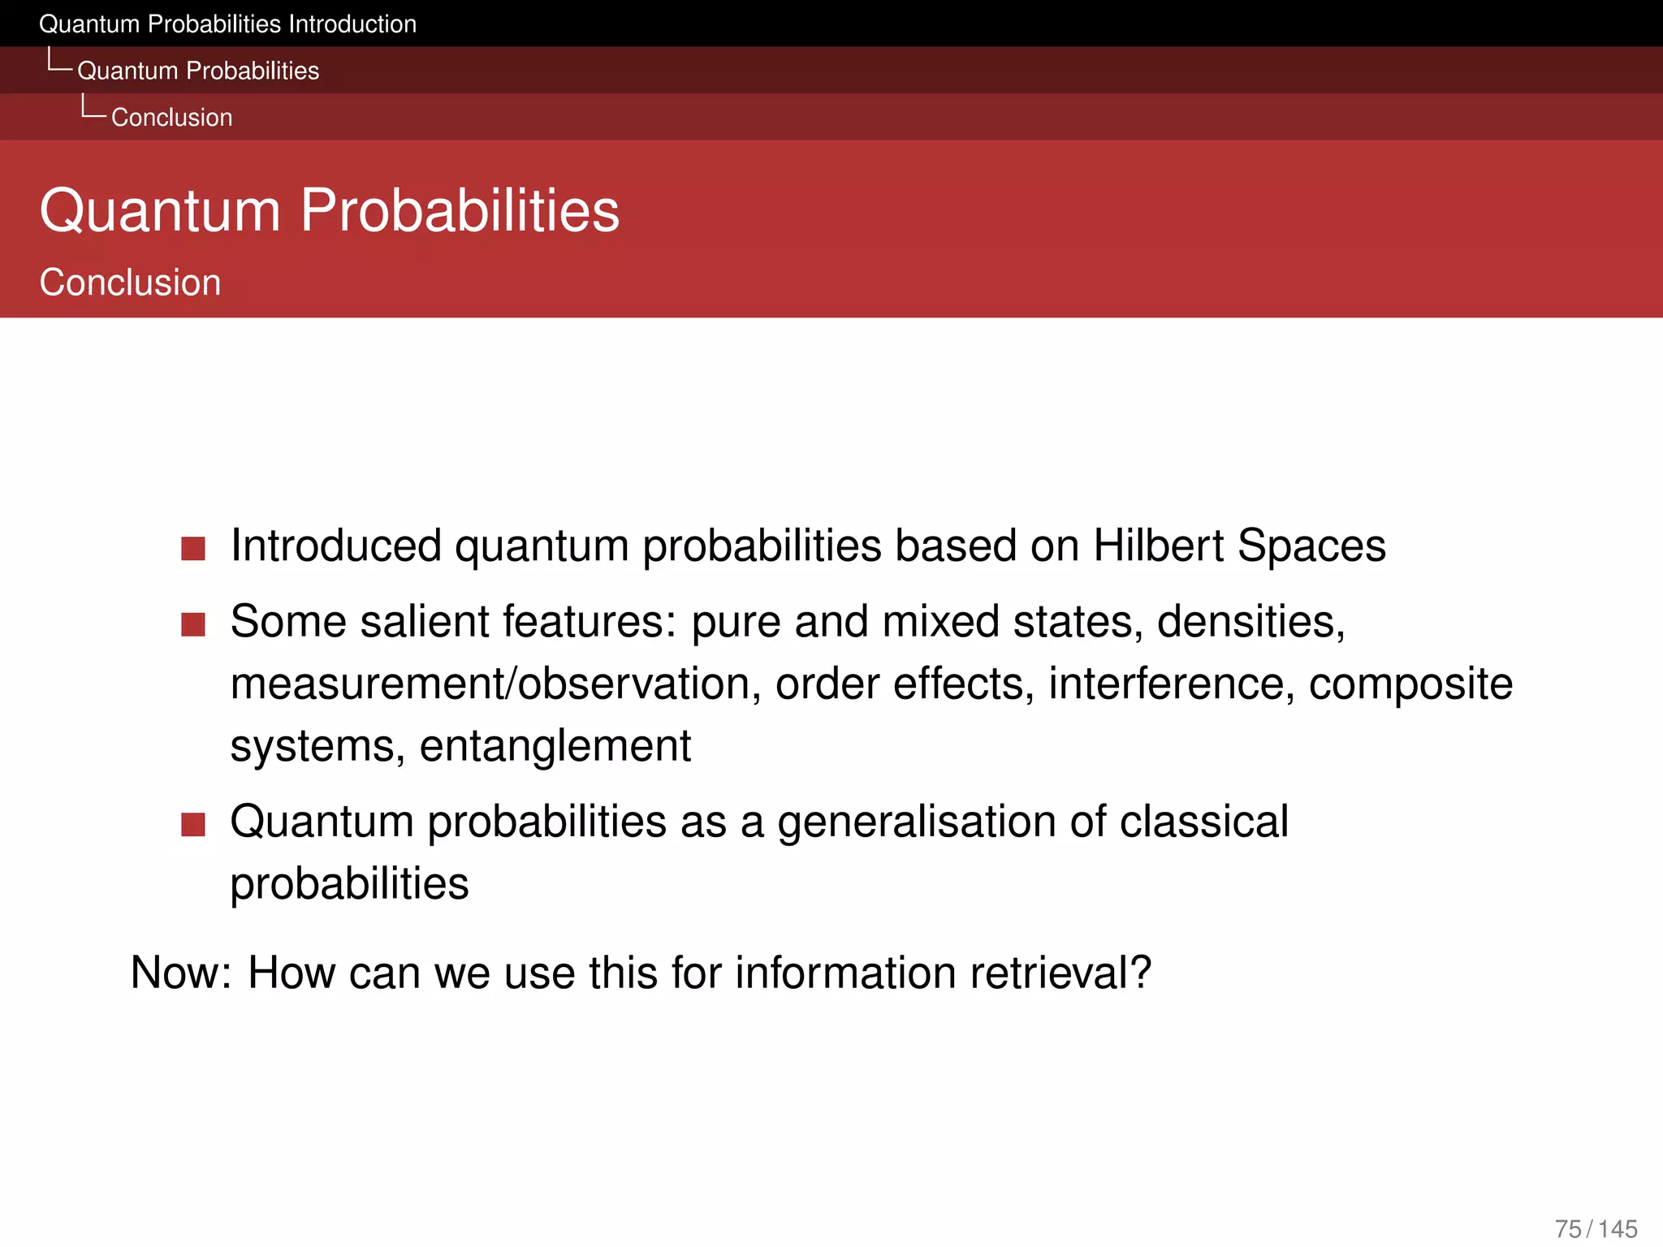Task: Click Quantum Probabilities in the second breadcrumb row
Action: coord(198,71)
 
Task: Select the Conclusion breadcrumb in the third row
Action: coord(171,118)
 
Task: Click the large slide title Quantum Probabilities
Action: coord(329,210)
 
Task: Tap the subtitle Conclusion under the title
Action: coord(130,283)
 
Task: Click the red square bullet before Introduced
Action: coord(193,548)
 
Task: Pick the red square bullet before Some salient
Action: coord(193,624)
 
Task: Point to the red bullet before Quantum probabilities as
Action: coord(193,824)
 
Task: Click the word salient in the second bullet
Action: coord(425,622)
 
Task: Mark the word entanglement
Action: coord(555,745)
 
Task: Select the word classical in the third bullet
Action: coord(1203,822)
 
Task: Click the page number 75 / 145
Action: coord(1596,1228)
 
